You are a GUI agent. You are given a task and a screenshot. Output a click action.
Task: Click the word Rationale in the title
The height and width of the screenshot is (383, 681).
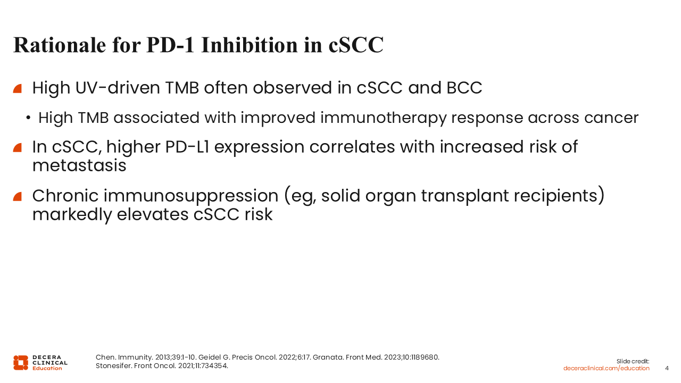point(60,45)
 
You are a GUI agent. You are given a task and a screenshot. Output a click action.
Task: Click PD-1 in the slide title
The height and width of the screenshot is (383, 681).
point(170,45)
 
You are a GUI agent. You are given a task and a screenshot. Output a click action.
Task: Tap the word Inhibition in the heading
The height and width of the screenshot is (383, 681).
point(250,45)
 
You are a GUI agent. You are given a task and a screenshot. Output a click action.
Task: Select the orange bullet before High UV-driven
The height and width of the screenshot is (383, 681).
point(18,88)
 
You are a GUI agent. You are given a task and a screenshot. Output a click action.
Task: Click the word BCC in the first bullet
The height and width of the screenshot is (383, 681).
point(464,88)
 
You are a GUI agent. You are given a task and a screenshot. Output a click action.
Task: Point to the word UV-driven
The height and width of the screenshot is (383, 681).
point(118,88)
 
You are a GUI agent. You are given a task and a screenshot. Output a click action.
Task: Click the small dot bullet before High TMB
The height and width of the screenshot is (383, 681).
point(28,118)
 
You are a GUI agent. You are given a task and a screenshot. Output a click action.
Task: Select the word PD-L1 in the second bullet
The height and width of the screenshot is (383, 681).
point(187,147)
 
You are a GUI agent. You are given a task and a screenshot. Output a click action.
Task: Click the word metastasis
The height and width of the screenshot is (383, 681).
point(79,165)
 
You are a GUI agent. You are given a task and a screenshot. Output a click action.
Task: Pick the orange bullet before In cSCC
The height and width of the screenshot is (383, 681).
point(18,147)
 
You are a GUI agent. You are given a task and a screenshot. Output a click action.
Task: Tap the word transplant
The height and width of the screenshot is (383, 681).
point(465,196)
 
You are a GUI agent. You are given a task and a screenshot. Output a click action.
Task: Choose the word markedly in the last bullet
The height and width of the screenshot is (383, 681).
point(72,215)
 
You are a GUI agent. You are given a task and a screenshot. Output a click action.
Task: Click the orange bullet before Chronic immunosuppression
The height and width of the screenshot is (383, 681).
point(18,197)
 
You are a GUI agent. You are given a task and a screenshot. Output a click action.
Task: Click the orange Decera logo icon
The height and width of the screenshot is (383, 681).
point(21,363)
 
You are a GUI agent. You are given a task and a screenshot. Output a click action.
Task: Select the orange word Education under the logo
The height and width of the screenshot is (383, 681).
point(47,369)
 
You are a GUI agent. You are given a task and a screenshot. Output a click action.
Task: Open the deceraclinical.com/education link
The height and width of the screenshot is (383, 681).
point(606,369)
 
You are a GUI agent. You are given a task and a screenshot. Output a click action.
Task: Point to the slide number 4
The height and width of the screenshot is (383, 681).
point(667,369)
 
